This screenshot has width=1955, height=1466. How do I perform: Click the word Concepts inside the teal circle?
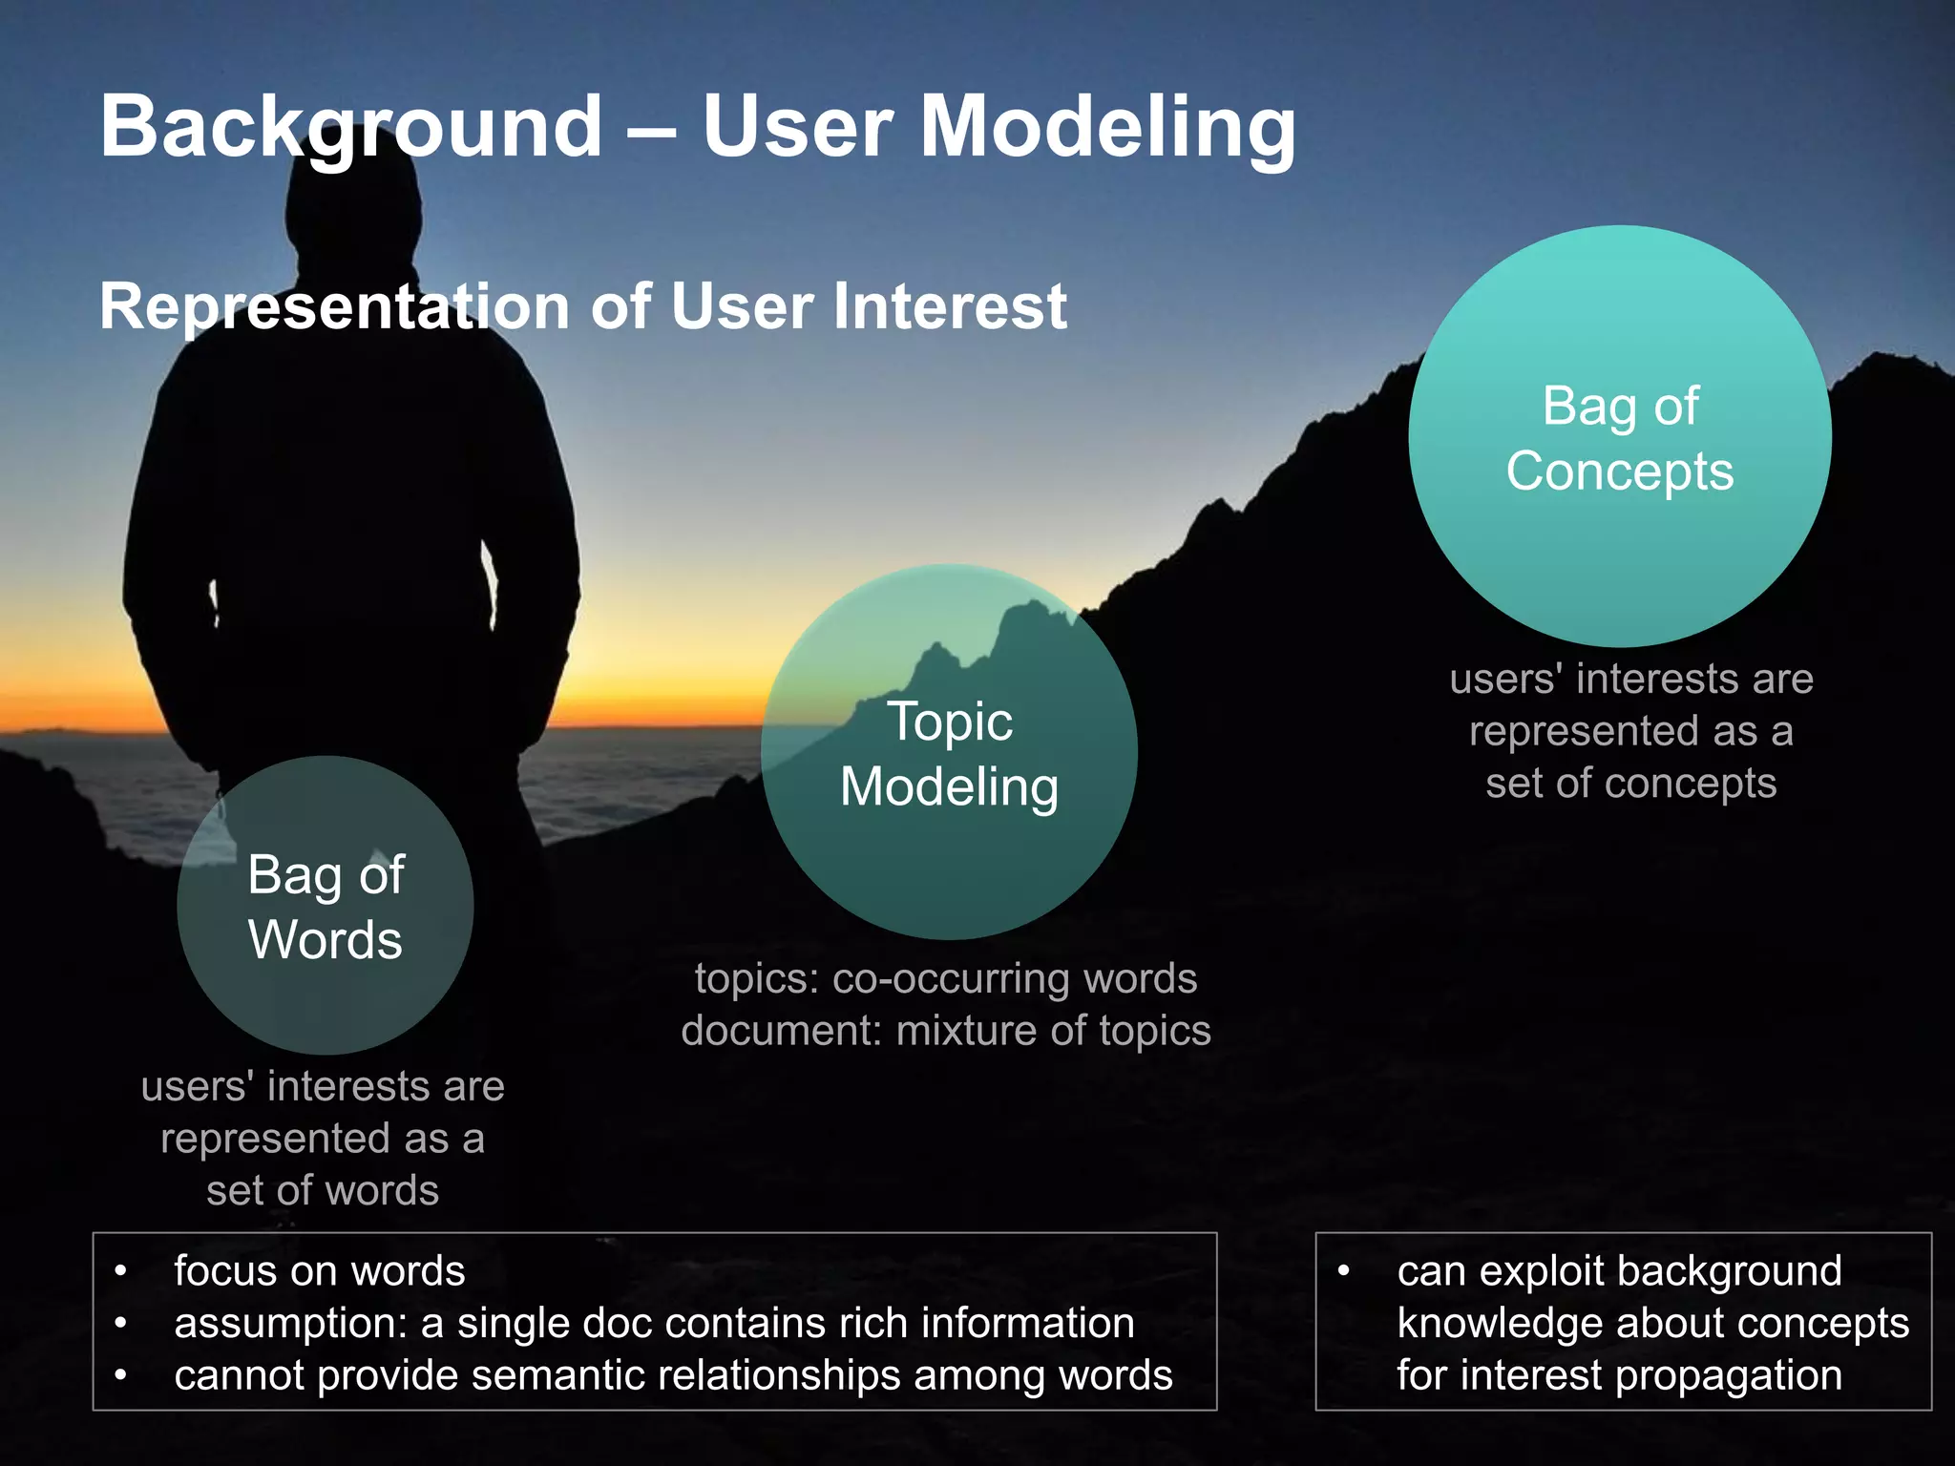tap(1620, 471)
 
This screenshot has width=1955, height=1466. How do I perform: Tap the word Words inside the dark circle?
tap(325, 940)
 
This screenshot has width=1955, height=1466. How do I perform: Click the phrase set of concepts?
tap(1630, 784)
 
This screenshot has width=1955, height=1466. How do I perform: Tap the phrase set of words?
tap(323, 1191)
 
